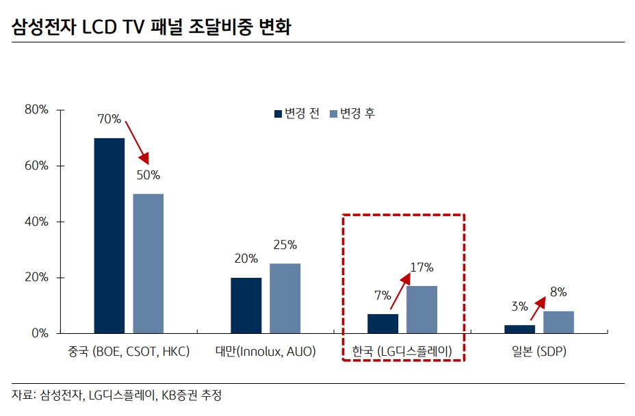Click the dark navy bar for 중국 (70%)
(x=109, y=235)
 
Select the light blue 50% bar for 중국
(x=148, y=263)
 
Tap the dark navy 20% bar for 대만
(x=246, y=305)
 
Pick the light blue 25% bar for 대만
(x=285, y=298)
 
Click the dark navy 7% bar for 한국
(x=383, y=324)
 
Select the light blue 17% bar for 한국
(x=422, y=309)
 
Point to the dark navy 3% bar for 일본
(x=519, y=329)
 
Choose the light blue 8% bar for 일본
(x=558, y=322)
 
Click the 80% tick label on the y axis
(x=36, y=109)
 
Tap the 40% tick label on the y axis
(x=36, y=222)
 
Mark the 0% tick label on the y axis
(x=38, y=333)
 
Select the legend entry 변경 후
(x=352, y=114)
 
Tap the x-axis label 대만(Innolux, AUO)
(x=265, y=352)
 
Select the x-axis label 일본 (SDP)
(x=539, y=352)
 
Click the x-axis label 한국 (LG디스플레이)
(x=402, y=352)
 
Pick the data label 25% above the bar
(x=285, y=244)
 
